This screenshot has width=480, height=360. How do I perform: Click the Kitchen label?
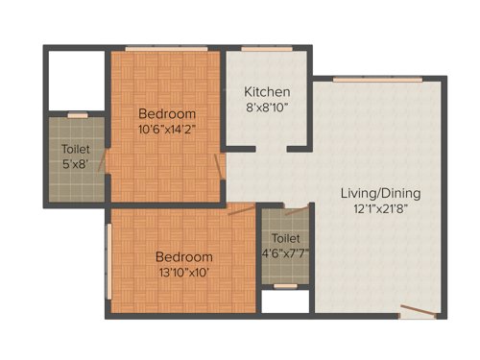pos(266,91)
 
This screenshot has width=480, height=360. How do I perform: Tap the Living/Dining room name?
pos(380,193)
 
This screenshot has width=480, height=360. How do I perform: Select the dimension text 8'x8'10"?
pos(266,108)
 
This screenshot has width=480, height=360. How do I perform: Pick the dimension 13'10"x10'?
pos(183,273)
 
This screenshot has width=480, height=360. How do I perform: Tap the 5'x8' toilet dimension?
pos(76,165)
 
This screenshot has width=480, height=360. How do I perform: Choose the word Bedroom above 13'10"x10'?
pos(183,256)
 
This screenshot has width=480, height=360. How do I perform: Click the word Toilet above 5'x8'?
pos(76,150)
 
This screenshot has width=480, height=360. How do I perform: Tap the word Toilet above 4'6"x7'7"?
pos(285,237)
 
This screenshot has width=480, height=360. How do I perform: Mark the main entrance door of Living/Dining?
pos(417,310)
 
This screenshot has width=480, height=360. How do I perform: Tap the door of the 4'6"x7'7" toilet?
pos(296,210)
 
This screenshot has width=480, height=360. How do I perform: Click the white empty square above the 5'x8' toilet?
pos(75,82)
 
